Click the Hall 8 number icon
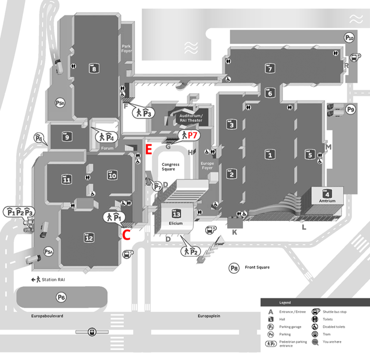coord(95,68)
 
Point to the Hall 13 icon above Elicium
coord(176,214)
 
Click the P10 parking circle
coord(349,38)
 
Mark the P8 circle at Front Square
coord(234,268)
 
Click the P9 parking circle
coord(351,109)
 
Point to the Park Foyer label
coord(126,48)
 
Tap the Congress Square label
coord(170,167)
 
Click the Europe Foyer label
coord(207,165)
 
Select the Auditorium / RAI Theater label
coord(191,118)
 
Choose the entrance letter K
coord(235,232)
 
